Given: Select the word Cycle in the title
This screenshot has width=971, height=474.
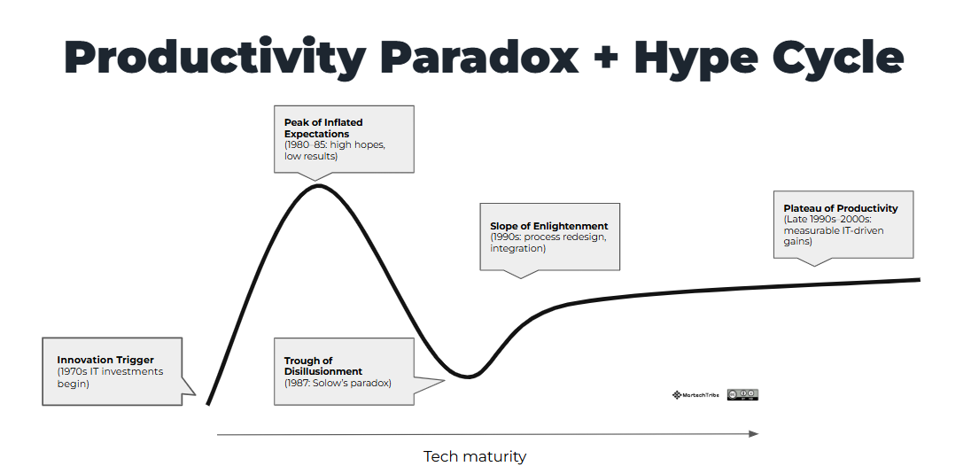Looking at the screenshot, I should [x=829, y=57].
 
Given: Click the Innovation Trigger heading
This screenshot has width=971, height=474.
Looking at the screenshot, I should [x=105, y=360].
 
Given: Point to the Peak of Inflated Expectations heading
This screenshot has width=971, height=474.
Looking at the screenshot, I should [x=323, y=128].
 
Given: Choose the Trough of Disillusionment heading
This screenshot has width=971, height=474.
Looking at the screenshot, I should [x=323, y=366].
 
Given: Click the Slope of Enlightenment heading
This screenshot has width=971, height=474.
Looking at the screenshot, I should [x=549, y=226].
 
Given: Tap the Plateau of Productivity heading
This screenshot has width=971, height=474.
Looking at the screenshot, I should [x=841, y=208].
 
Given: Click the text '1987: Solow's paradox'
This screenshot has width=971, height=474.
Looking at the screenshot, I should [x=338, y=383].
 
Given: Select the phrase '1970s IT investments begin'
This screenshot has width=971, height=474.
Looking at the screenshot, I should [x=110, y=377].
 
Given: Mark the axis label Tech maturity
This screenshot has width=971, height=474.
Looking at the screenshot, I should [x=475, y=456].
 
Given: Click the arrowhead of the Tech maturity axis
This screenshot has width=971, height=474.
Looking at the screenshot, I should [x=754, y=433].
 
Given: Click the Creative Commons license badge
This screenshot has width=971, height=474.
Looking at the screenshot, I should [x=742, y=394].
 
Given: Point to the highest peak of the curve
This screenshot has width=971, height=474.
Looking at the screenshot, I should [x=319, y=185].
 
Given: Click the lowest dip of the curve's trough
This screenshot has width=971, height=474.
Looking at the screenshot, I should [x=469, y=376].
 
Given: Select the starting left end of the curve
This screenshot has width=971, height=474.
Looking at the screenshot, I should [x=208, y=404].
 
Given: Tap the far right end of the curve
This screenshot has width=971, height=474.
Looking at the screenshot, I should [x=919, y=279].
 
